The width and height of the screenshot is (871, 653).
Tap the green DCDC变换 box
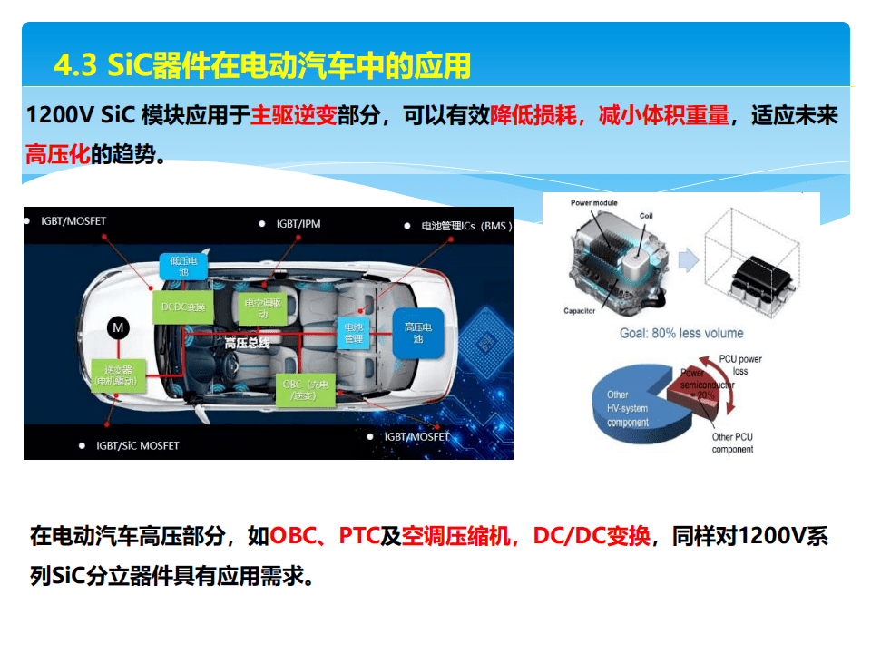point(183,307)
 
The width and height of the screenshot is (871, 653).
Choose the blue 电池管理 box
point(353,332)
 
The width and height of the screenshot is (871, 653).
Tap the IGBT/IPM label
point(298,224)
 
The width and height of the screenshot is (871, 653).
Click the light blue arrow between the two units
point(689,259)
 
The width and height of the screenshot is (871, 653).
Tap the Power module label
point(593,203)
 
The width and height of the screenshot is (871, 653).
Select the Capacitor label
point(579,311)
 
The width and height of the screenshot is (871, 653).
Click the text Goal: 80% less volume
point(681,333)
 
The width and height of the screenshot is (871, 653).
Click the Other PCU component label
point(732,443)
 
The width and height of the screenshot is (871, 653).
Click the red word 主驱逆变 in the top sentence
point(294,115)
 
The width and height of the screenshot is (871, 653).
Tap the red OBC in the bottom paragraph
point(293,536)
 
